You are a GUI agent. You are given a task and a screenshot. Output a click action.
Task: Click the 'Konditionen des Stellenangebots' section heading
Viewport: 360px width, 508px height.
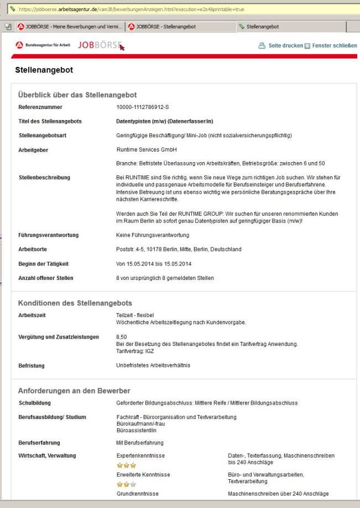tap(75, 303)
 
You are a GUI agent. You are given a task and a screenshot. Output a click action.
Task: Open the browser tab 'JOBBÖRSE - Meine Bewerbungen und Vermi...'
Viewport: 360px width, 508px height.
tap(67, 26)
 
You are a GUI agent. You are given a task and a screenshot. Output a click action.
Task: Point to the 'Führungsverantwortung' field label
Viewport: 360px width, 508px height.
tap(49, 235)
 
